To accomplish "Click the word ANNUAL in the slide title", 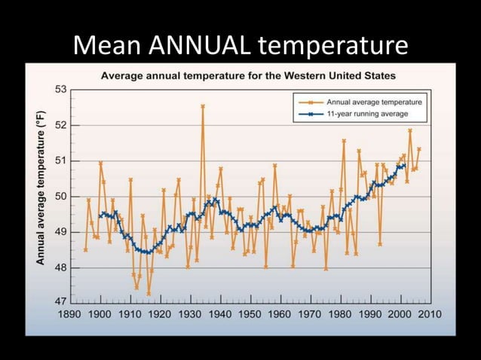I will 199,47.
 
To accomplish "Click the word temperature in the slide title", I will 333,47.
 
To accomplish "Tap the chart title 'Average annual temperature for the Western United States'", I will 249,76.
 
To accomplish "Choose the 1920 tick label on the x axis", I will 160,313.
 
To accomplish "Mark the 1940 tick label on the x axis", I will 219,313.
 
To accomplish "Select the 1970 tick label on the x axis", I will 309,313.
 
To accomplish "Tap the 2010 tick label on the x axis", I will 428,313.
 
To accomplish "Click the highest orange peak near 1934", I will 203,106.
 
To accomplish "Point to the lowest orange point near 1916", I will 149,294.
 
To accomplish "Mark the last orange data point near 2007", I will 419,149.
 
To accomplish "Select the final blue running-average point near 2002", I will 404,166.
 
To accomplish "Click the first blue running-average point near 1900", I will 100,216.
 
